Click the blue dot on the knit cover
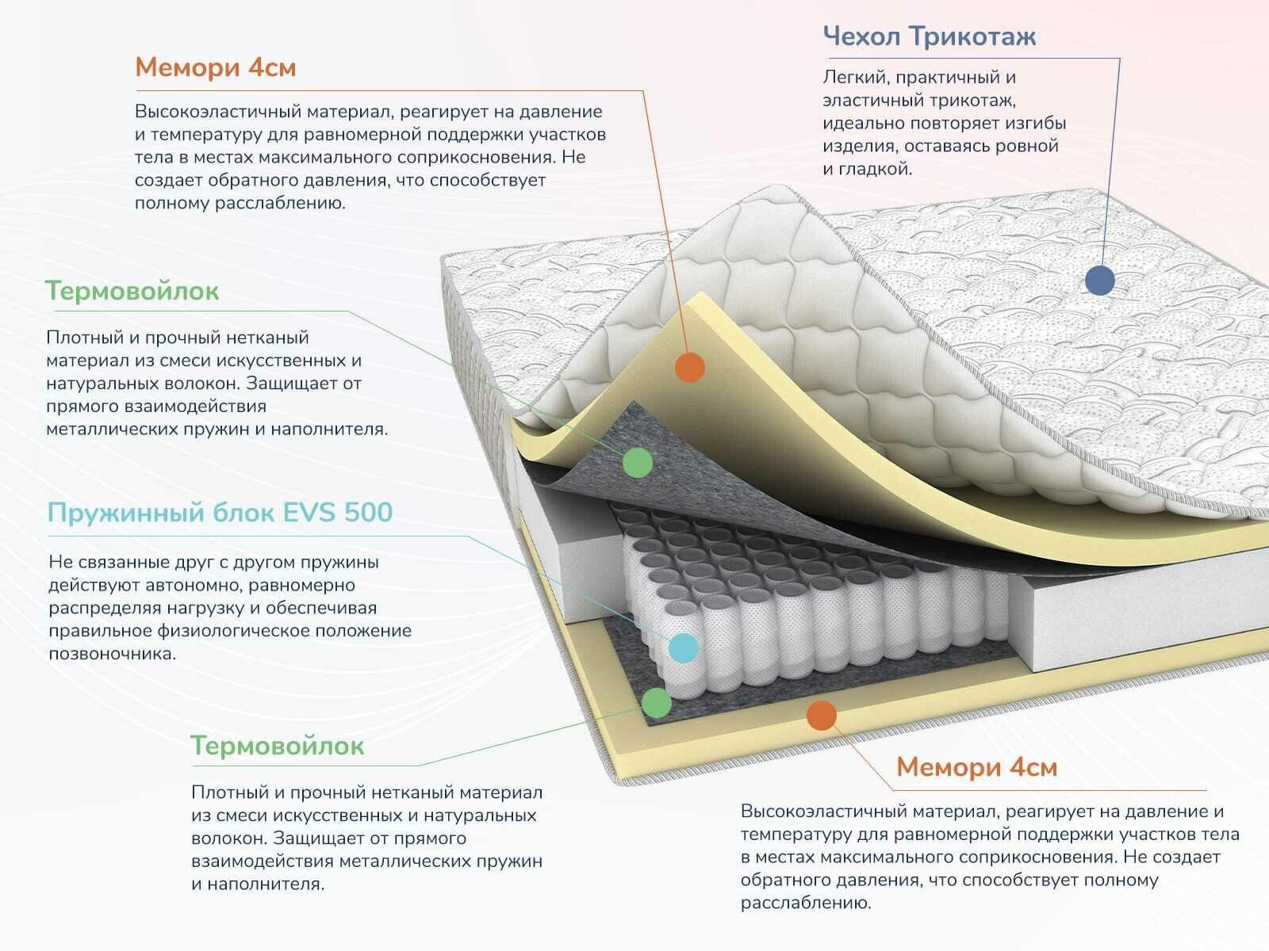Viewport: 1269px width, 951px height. (x=1099, y=280)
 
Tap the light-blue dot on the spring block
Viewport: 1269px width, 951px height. (x=683, y=647)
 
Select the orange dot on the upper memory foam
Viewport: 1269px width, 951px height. (x=690, y=367)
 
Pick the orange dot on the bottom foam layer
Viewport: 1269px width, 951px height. (x=822, y=716)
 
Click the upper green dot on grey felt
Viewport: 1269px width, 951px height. (x=637, y=461)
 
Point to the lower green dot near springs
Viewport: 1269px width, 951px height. (x=656, y=702)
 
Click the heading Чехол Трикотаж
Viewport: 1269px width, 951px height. (x=929, y=36)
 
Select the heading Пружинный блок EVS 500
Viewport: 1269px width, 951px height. (x=220, y=513)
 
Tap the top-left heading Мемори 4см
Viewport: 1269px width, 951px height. (x=215, y=67)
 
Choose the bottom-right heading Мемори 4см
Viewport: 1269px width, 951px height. (x=976, y=767)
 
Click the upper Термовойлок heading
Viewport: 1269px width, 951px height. (x=132, y=291)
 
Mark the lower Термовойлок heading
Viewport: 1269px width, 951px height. (x=277, y=746)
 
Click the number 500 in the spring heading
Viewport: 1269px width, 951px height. (x=368, y=513)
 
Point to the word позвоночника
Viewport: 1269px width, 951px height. (x=112, y=654)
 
